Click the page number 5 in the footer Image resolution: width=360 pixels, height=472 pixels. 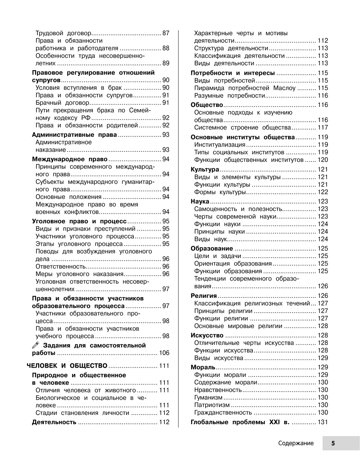(x=333, y=444)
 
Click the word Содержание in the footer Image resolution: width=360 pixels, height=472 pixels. (x=296, y=444)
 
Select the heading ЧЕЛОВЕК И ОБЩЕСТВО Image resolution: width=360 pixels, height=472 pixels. (x=68, y=366)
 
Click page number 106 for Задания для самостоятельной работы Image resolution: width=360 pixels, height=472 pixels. (x=164, y=353)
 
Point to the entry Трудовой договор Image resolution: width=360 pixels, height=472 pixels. (x=63, y=33)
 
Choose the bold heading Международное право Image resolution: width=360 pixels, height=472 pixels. (x=70, y=159)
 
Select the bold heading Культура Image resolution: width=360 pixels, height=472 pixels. (x=205, y=169)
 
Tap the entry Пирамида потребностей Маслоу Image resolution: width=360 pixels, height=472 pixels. (x=245, y=88)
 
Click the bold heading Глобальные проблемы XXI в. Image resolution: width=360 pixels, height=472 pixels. (x=240, y=422)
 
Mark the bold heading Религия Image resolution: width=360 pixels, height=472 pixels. (x=204, y=296)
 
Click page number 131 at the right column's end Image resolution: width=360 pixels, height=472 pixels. (x=323, y=422)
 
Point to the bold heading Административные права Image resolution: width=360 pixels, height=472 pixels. (x=75, y=135)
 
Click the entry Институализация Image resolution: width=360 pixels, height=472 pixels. (x=220, y=145)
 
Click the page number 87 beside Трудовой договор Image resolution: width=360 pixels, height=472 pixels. (x=166, y=33)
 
